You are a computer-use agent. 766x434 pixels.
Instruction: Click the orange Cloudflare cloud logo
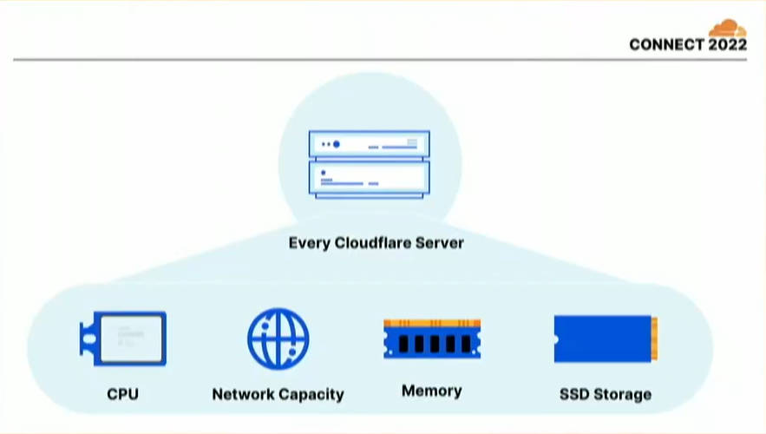click(728, 28)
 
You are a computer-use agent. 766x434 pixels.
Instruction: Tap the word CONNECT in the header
click(666, 44)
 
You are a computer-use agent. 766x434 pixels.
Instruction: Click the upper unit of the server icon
click(370, 145)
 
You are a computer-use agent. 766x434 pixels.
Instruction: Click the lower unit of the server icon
click(370, 180)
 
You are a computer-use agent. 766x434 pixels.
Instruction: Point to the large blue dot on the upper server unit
click(336, 144)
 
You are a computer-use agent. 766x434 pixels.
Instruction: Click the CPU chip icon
click(123, 339)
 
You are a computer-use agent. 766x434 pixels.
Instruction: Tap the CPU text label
click(122, 394)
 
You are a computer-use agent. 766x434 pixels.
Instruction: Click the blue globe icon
click(278, 339)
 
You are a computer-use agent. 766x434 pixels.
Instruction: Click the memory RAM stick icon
click(432, 339)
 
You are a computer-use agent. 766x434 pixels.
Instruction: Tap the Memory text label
click(432, 391)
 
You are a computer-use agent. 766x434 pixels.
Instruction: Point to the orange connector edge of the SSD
click(655, 339)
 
